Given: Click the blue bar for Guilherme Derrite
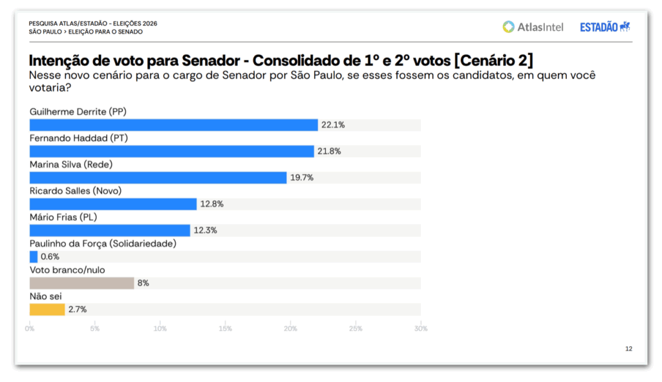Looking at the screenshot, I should coord(173,125).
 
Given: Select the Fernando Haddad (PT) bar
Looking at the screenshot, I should coord(171,151).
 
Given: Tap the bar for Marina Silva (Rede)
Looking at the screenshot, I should coord(158,177).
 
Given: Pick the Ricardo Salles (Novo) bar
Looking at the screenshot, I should coord(113,204).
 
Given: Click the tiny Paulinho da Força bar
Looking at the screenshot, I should coord(34,256).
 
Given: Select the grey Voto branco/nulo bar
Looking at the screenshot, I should coord(81,283).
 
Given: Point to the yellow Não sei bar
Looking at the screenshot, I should coord(47,309).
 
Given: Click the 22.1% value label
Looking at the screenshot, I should coord(333,125).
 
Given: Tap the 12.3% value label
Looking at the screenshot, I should coord(205,230).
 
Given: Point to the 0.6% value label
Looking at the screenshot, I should coord(50,257).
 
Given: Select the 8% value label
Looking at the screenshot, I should coord(143,283).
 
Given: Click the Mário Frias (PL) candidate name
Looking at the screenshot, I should coord(63,218).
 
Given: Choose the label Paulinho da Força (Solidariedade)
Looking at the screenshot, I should coord(103,243).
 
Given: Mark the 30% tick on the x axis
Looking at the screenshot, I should coord(420,328).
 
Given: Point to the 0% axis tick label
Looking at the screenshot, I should coord(30,328).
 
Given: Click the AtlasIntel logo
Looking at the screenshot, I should coord(533,27).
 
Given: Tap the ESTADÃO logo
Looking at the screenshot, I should coord(604,27).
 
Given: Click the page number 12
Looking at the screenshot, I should coord(628,349).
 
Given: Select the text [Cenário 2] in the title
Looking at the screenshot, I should coord(493,61).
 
